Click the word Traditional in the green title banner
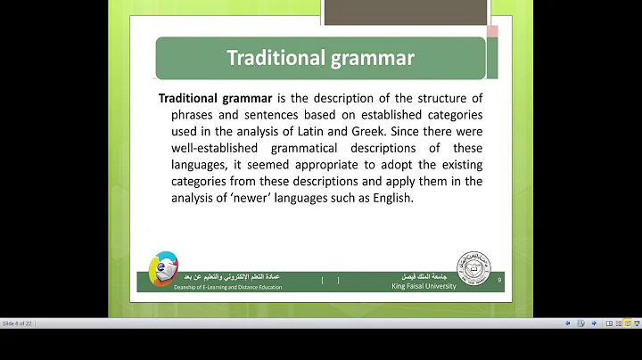point(273,59)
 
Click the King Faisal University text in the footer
point(424,286)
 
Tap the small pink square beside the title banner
point(491,31)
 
